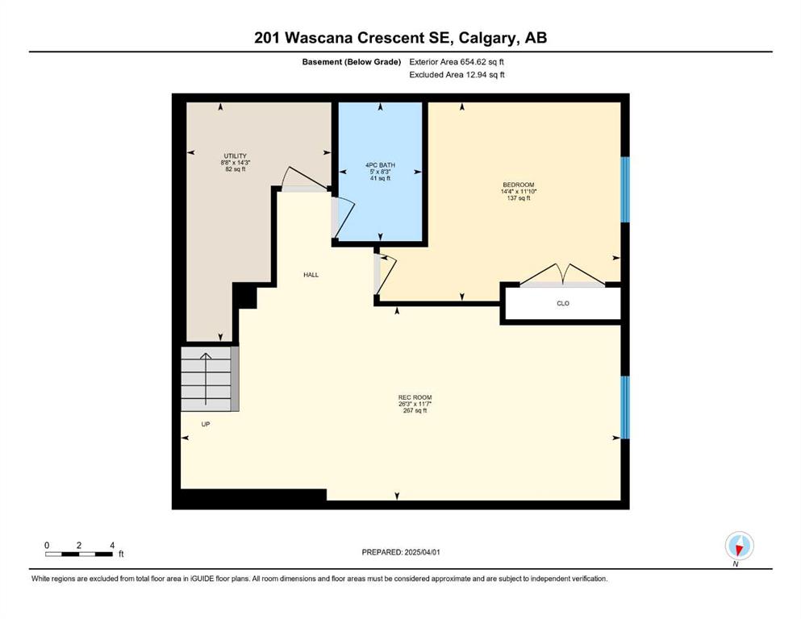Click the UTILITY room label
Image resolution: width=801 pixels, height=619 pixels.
tap(235, 156)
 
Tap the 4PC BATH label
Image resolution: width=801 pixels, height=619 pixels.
tap(380, 165)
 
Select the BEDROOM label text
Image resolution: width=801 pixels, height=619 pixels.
tap(519, 185)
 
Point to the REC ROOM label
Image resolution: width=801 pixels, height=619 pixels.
tap(415, 397)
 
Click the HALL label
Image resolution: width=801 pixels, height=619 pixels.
tap(311, 275)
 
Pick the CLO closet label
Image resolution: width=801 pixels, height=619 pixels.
tap(562, 303)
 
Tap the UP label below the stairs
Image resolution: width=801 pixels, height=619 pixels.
tap(206, 424)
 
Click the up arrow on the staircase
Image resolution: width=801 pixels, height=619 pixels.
tap(206, 379)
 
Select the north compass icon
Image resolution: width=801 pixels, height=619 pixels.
tap(739, 546)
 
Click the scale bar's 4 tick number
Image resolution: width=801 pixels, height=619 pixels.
tap(112, 545)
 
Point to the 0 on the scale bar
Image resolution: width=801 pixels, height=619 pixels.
tap(47, 545)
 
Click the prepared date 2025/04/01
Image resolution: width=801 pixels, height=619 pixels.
tap(422, 552)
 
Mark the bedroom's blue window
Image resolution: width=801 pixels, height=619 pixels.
tap(625, 190)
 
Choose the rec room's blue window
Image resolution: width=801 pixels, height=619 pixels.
tap(625, 407)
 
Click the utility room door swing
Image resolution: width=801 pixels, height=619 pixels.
tap(305, 179)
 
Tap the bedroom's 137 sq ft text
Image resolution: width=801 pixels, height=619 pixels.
tap(519, 198)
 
